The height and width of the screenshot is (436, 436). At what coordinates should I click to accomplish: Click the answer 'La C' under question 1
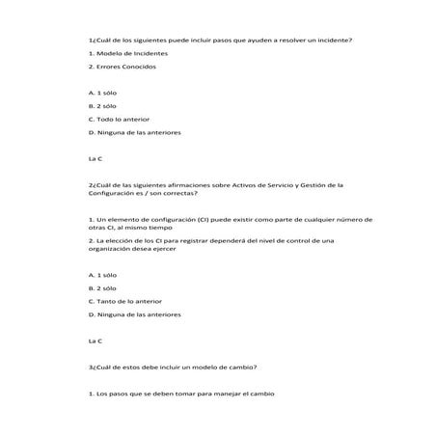point(95,158)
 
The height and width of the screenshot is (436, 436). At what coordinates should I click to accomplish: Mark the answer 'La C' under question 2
point(95,341)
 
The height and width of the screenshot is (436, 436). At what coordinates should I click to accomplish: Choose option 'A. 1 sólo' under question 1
point(102,93)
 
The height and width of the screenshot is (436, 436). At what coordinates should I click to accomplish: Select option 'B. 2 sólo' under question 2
point(102,287)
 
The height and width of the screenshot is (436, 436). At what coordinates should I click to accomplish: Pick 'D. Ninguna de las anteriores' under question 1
point(134,132)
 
